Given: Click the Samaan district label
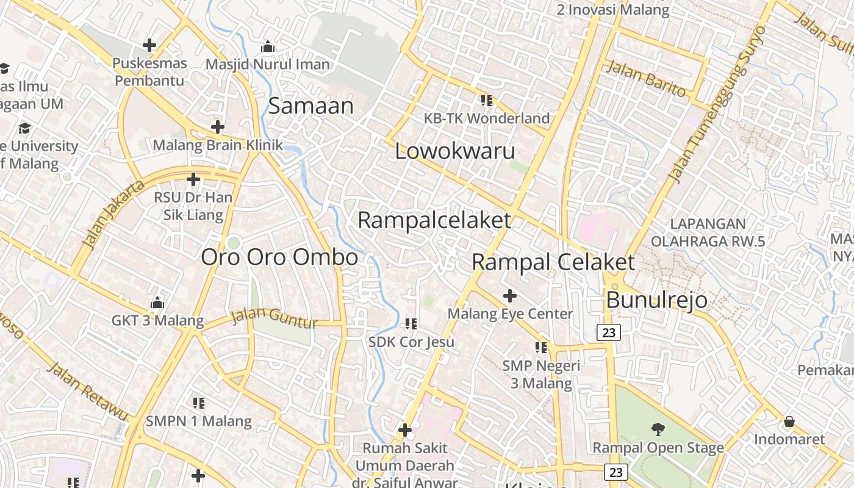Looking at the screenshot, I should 310,106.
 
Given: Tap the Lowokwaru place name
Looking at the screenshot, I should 455,151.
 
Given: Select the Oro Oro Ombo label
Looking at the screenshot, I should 279,257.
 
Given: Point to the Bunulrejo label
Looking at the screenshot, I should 656,300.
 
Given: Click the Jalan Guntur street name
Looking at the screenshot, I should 274,318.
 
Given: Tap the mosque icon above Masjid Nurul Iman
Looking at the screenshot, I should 267,47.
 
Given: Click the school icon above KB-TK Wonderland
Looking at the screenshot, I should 486,100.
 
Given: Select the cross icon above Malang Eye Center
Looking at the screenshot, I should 509,296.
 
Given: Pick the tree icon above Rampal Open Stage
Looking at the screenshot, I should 658,429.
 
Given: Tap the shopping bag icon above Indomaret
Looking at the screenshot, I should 789,422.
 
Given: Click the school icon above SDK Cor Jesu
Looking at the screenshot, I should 411,323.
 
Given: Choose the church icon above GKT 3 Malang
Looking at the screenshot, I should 157,303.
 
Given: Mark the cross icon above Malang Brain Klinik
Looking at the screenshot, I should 217,127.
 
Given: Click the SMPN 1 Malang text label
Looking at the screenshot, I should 198,421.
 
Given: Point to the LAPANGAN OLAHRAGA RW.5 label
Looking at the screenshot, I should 708,232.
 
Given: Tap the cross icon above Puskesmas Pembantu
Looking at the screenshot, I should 149,45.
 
